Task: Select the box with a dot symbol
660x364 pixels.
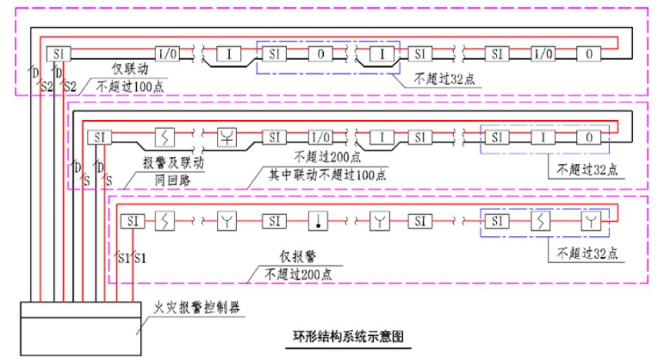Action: tap(317, 222)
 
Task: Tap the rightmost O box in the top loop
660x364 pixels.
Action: tap(589, 54)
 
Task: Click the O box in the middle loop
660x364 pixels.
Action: tap(589, 139)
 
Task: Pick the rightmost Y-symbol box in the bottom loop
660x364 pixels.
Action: tap(589, 222)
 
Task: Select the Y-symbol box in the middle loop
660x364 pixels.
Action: tap(228, 139)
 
